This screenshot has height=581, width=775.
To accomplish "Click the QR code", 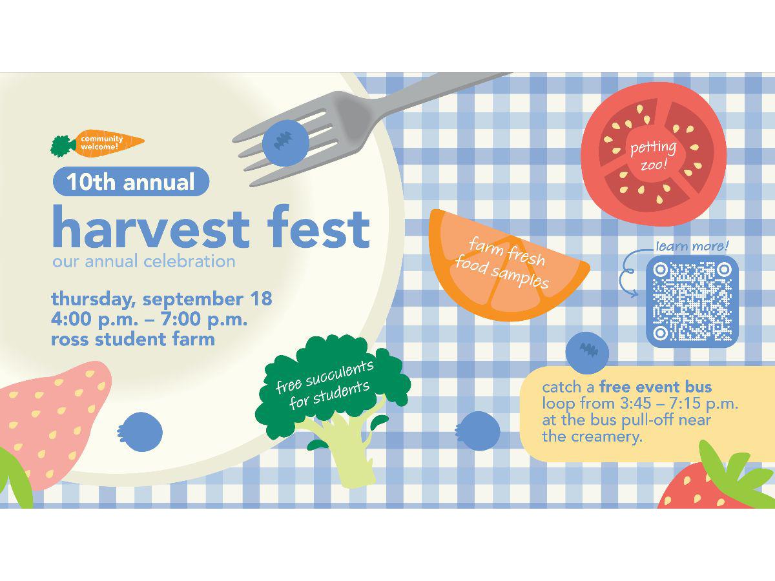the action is tap(692, 301).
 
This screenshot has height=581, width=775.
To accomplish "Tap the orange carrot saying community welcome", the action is tap(109, 142).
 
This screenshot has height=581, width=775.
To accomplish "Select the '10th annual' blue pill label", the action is tap(131, 181).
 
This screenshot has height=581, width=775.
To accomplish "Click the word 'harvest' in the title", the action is tap(151, 227).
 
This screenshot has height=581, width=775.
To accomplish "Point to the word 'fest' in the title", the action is tap(318, 227).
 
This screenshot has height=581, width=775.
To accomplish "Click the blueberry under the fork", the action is tap(285, 143).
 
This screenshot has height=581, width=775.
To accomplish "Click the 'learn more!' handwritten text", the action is tap(692, 246).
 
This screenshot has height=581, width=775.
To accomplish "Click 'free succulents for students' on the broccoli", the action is tap(324, 385).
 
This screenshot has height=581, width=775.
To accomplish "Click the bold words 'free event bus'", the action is tap(656, 387).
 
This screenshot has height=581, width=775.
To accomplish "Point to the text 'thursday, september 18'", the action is tap(161, 298).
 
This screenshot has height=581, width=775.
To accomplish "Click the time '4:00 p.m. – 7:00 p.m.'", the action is tap(149, 319).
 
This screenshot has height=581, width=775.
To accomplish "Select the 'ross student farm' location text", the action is tap(133, 339).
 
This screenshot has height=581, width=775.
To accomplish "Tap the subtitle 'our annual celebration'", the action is tap(144, 261).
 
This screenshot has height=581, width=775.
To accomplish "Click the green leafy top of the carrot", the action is tap(63, 146).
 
